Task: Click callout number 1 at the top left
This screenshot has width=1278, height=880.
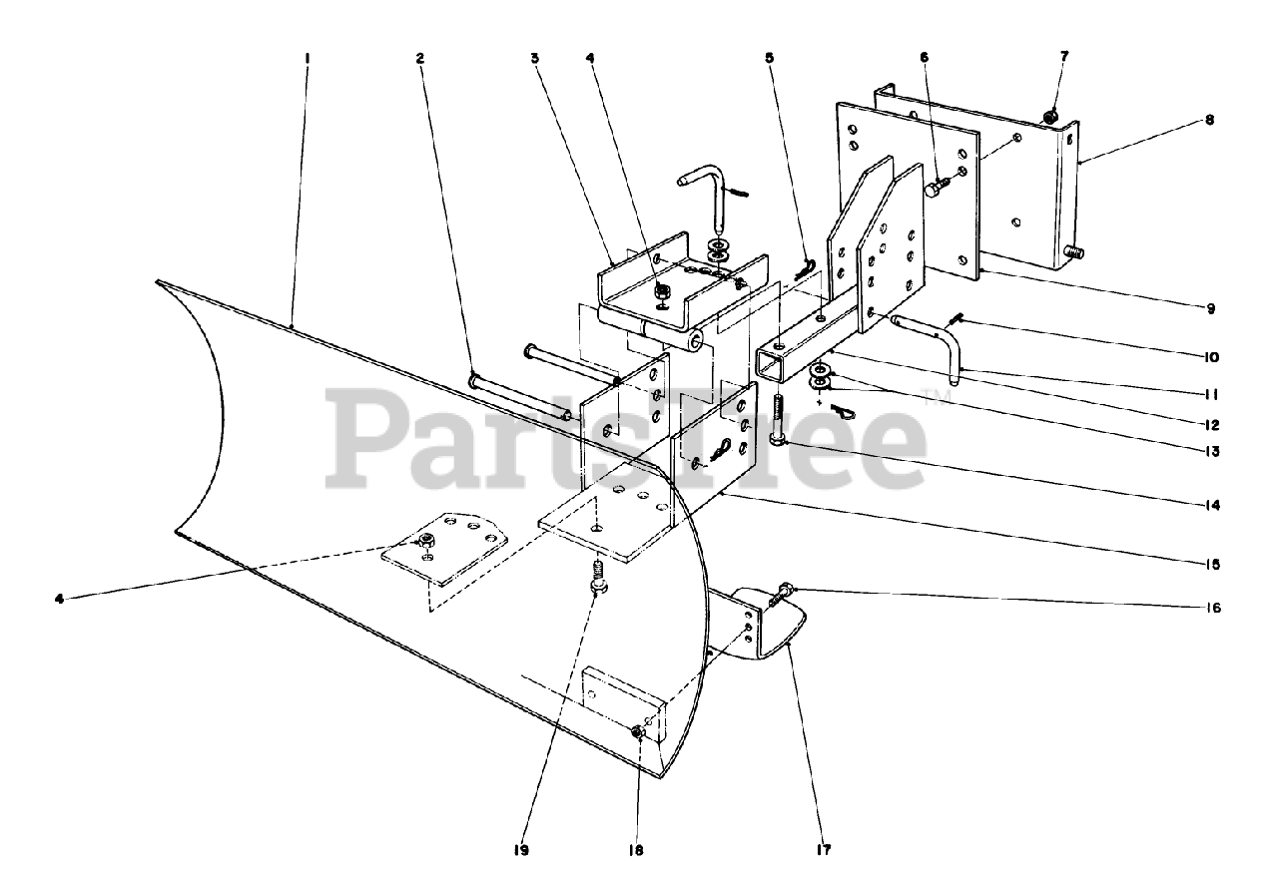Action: click(308, 58)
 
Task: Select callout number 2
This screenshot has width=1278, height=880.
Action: click(420, 58)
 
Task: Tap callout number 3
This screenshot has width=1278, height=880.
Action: click(535, 58)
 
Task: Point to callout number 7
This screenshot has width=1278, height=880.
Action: click(1063, 57)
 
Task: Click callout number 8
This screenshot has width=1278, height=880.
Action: click(1210, 120)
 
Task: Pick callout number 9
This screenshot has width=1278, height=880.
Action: click(1210, 308)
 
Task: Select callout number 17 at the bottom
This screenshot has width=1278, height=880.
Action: click(821, 851)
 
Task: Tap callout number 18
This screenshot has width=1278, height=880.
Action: click(636, 851)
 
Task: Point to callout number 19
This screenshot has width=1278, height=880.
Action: click(521, 851)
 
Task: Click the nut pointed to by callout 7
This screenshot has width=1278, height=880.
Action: click(1050, 117)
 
